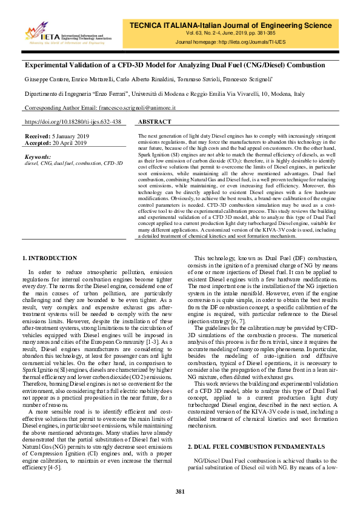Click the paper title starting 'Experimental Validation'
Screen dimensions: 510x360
pyautogui.click(x=175, y=65)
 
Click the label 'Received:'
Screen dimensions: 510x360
pyautogui.click(x=38, y=137)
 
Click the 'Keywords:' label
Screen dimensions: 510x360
pyautogui.click(x=38, y=156)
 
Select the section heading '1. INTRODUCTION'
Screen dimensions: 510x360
pyautogui.click(x=49, y=258)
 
